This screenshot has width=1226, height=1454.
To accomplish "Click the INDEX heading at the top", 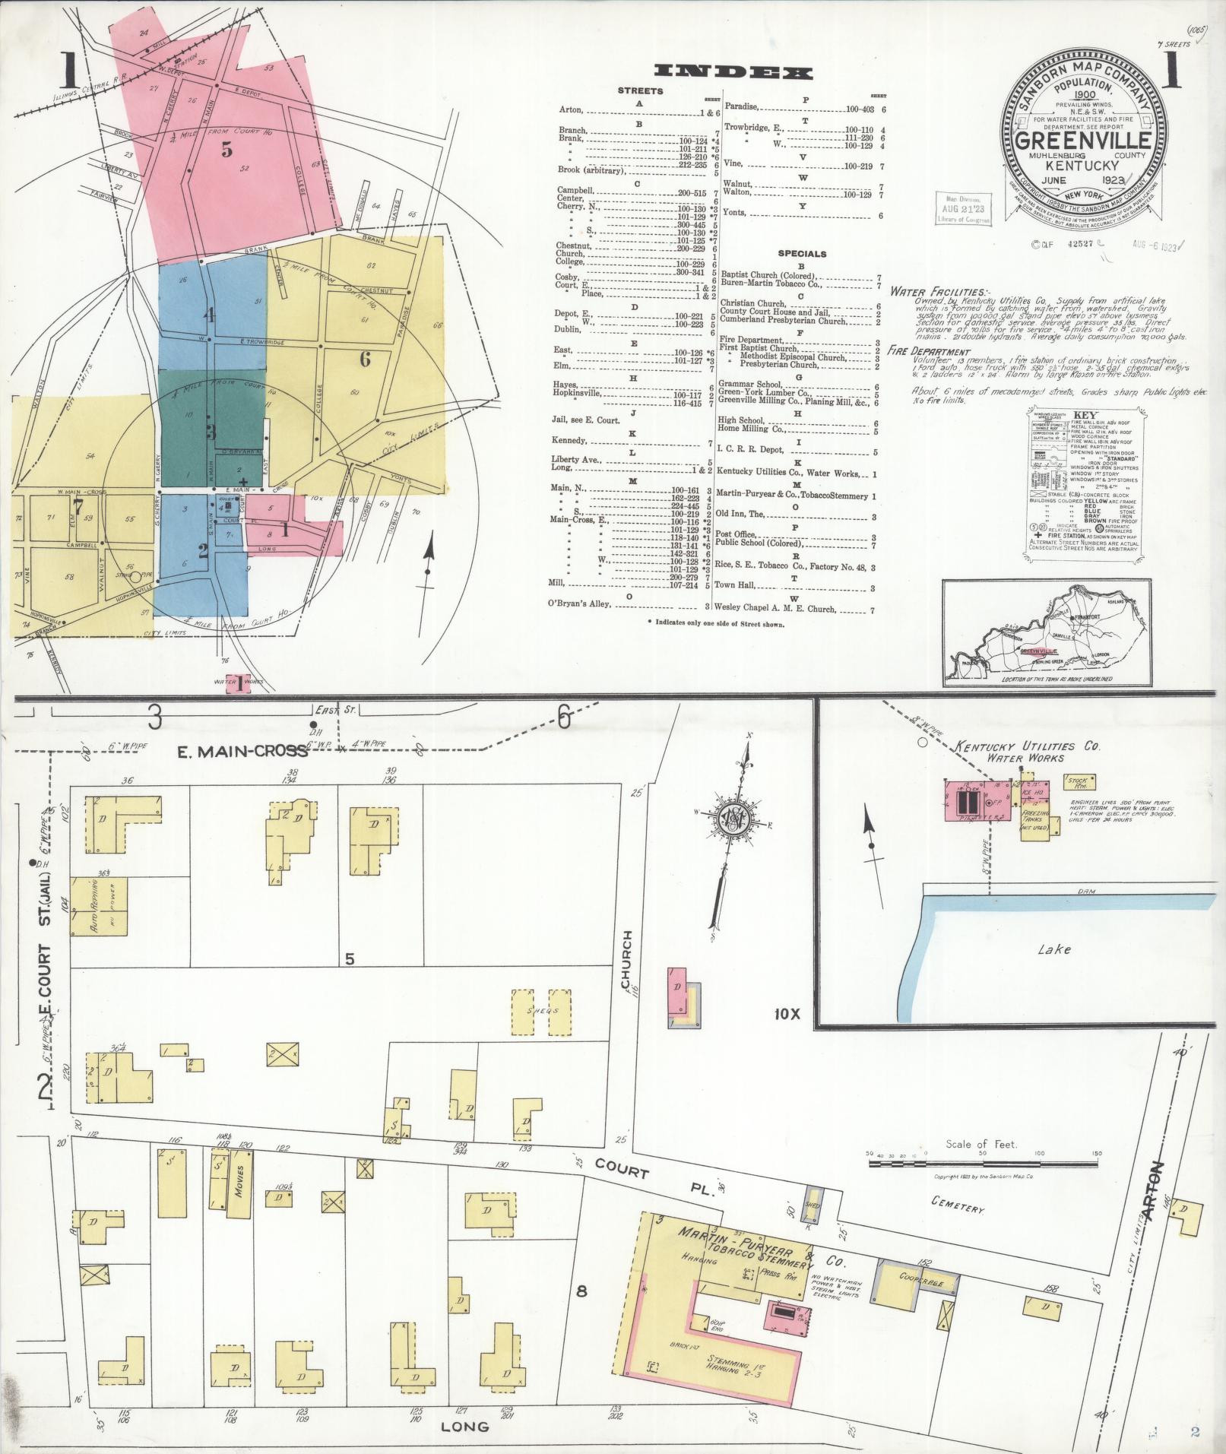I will [x=733, y=73].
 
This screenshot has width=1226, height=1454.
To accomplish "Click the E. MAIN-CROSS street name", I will [x=242, y=750].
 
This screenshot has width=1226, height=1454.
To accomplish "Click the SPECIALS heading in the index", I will [x=802, y=254].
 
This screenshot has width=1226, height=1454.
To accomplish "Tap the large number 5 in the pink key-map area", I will [x=227, y=150].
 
